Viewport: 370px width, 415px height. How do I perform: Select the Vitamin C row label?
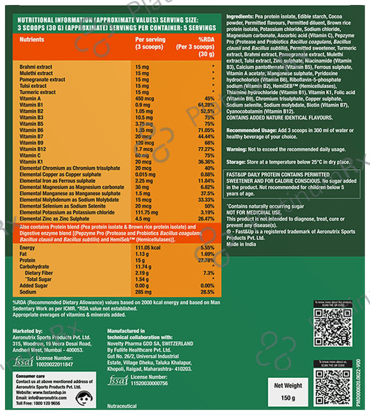pyautogui.click(x=30, y=155)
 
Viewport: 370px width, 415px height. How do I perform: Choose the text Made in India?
pyautogui.click(x=242, y=244)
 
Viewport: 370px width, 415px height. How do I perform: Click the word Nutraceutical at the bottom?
pyautogui.click(x=123, y=406)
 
